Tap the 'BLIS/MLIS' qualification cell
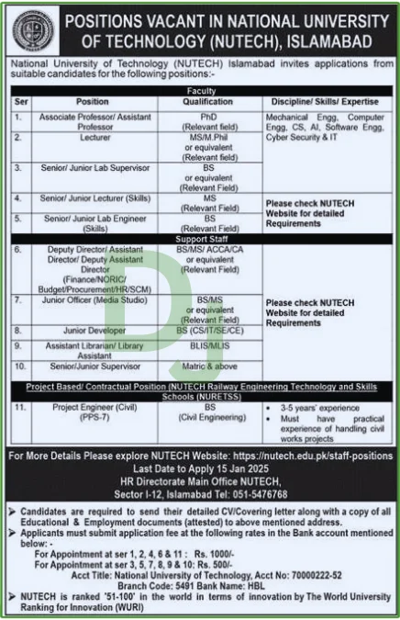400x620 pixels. coord(209,343)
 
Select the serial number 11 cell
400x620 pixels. coord(19,404)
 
